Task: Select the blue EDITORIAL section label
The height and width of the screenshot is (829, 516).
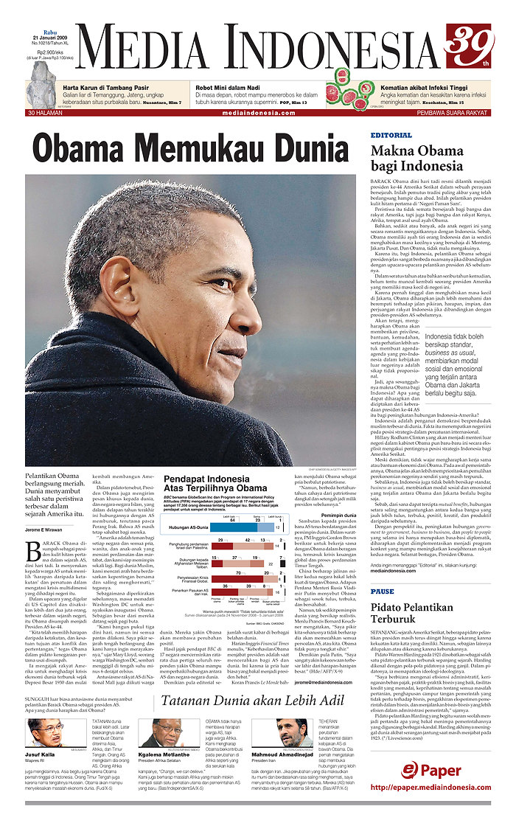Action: [x=391, y=136]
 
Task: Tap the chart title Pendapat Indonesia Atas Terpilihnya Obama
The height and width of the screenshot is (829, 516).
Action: [x=215, y=483]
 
